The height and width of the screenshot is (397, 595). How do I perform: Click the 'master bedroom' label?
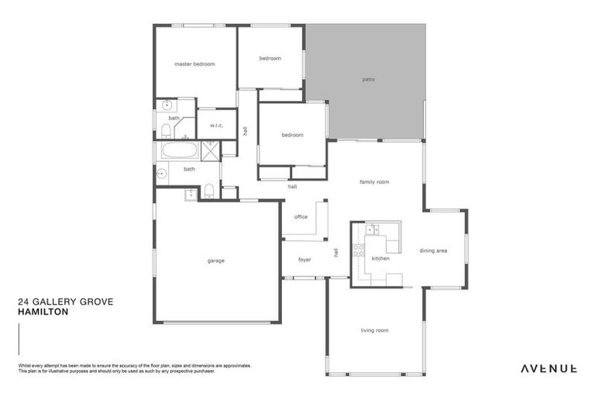194,64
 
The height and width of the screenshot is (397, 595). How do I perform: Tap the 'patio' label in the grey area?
368,79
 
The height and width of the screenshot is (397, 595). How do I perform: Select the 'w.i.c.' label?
215,125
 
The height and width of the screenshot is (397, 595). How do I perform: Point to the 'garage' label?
215,261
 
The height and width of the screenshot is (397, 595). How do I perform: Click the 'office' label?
301,217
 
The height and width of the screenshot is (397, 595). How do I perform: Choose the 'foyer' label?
304,260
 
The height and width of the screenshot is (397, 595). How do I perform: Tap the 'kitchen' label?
380,258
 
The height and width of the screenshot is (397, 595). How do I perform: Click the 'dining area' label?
433,250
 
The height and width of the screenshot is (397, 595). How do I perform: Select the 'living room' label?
374,330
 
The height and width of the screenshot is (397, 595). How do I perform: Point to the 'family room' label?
373,181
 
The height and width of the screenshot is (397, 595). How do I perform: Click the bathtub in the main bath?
178,150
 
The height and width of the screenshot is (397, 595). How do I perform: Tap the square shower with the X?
210,150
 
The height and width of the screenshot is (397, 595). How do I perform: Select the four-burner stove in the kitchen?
359,250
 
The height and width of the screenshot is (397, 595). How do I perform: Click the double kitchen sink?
373,230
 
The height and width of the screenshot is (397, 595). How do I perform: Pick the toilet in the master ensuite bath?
164,129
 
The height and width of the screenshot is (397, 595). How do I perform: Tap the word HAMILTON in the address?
43,312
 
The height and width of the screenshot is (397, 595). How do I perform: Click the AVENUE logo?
548,368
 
